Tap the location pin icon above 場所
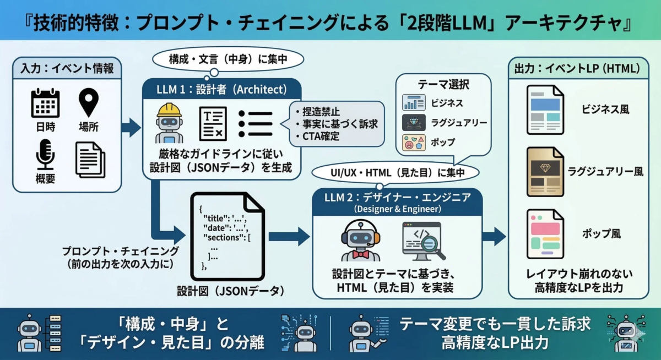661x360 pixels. [88, 103]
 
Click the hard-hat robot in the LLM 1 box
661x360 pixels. [169, 123]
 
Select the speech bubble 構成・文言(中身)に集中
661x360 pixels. [220, 59]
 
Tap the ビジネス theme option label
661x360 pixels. [447, 102]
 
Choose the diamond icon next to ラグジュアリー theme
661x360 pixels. [414, 122]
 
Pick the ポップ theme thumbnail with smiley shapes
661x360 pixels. [414, 142]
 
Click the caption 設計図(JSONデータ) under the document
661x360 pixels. [231, 291]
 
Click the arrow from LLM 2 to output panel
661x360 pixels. [494, 236]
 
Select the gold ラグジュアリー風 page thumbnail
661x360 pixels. [545, 172]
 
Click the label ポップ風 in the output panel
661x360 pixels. [602, 233]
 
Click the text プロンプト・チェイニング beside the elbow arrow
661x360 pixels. [120, 251]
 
